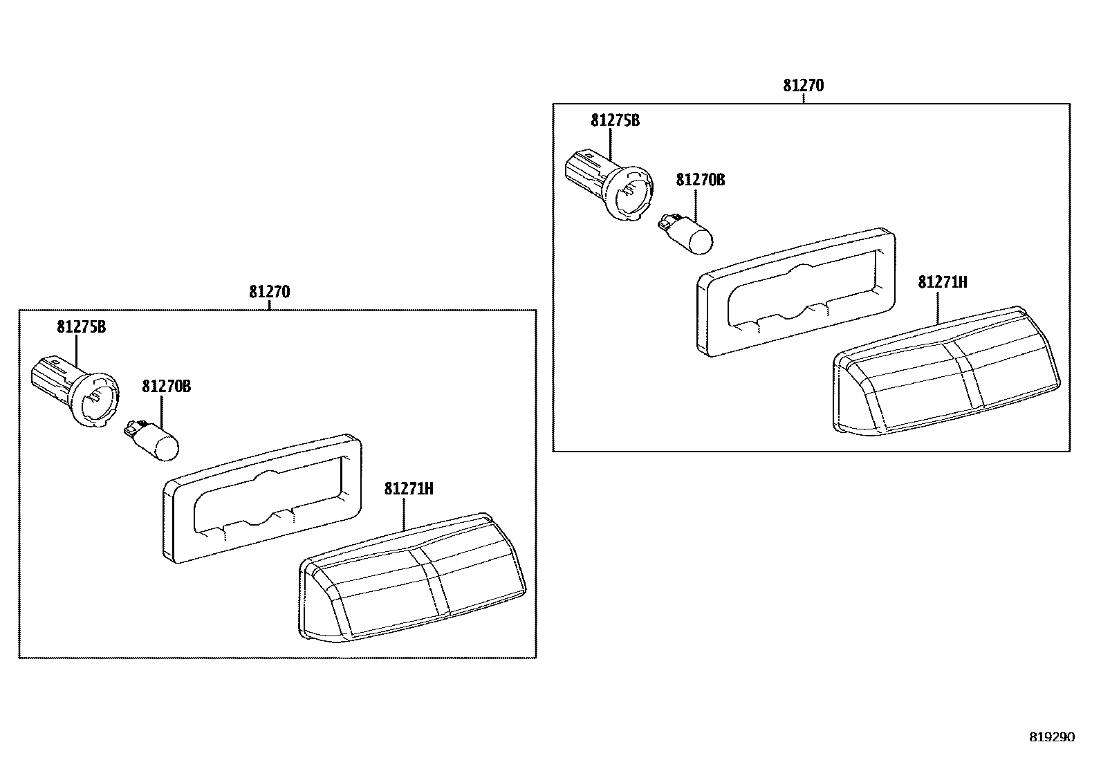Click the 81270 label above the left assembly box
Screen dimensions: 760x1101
pyautogui.click(x=269, y=292)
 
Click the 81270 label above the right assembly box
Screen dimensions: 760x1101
pyautogui.click(x=803, y=86)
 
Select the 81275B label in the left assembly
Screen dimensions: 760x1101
pyautogui.click(x=81, y=327)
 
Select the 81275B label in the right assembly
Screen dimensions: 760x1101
pyautogui.click(x=615, y=120)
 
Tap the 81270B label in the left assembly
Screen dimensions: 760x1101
pyautogui.click(x=166, y=386)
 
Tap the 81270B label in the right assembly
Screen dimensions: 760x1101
pyautogui.click(x=700, y=180)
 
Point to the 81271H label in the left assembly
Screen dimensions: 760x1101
pyautogui.click(x=409, y=489)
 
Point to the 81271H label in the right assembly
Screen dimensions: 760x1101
pyautogui.click(x=942, y=282)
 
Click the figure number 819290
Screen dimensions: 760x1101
pyautogui.click(x=1052, y=737)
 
